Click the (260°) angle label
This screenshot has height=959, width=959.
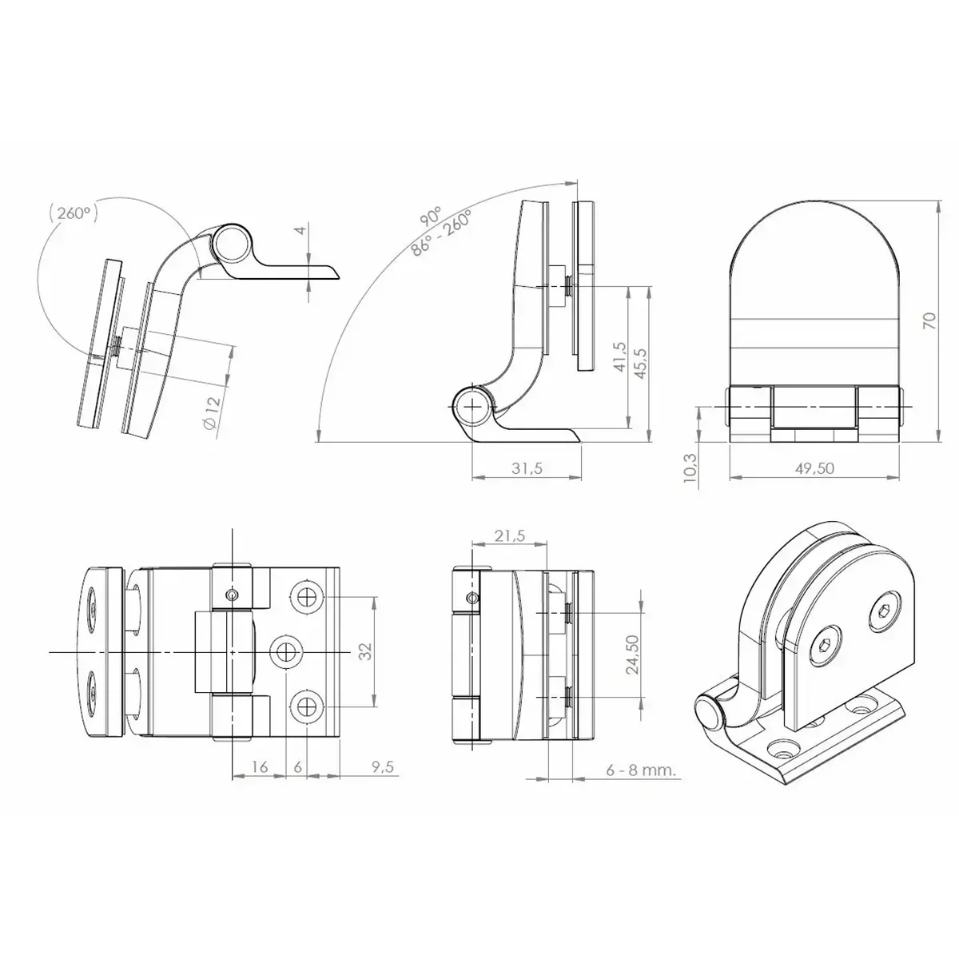coord(74,213)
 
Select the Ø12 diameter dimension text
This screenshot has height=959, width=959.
coord(211,412)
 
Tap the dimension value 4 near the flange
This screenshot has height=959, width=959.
coord(300,230)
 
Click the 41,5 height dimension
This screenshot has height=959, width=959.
coord(620,356)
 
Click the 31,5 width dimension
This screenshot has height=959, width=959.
coord(526,468)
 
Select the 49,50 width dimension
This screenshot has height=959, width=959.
coord(814,468)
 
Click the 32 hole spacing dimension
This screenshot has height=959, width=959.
coord(366,651)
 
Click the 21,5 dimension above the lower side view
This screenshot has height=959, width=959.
coord(509,536)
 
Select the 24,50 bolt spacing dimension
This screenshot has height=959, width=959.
coord(632,655)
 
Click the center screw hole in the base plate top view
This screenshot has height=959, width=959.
coord(286,651)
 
